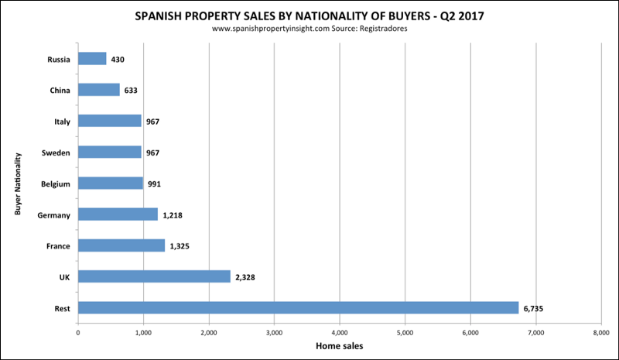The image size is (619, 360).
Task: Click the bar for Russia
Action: click(92, 59)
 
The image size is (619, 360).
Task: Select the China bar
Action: click(99, 90)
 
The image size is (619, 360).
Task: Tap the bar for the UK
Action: click(154, 276)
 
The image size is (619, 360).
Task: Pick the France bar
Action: click(121, 245)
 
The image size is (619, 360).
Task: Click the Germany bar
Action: click(118, 214)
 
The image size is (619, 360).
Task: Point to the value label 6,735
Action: click(535, 308)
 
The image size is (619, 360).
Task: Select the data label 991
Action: click(154, 183)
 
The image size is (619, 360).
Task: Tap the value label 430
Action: click(118, 59)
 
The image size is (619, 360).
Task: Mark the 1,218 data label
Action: click(173, 214)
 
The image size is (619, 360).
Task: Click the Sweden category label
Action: click(55, 153)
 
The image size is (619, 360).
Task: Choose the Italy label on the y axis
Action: click(60, 122)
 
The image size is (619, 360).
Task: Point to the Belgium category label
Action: click(53, 183)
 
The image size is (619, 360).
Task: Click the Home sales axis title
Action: click(340, 346)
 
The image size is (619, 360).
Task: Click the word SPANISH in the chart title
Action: click(164, 15)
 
